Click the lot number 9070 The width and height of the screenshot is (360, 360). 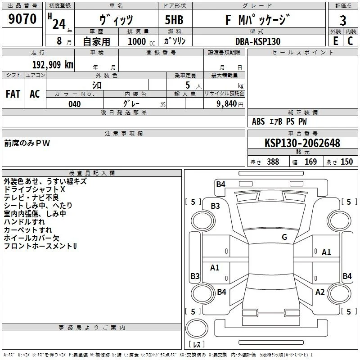click(x=22, y=18)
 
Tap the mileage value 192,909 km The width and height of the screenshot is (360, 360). click(x=53, y=65)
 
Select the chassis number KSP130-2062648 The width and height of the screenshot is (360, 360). click(x=302, y=143)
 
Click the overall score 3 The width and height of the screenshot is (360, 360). click(x=343, y=20)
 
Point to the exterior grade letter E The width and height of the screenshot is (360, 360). click(x=335, y=41)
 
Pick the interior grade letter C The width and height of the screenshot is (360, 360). click(x=350, y=41)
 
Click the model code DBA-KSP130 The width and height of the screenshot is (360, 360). click(x=258, y=41)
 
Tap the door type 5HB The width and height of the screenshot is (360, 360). click(x=174, y=20)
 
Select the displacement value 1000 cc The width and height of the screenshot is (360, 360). click(x=141, y=41)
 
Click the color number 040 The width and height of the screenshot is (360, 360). click(x=74, y=104)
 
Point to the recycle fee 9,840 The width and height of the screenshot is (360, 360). click(x=227, y=104)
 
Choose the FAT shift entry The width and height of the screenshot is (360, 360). click(x=13, y=94)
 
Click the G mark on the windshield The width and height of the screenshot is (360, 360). click(x=284, y=237)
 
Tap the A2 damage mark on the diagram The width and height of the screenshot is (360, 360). click(x=320, y=292)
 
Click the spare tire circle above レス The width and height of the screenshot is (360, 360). click(x=197, y=328)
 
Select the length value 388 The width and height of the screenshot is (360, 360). click(x=273, y=162)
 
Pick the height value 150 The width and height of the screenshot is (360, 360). click(x=346, y=162)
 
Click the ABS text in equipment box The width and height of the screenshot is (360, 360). click(x=258, y=121)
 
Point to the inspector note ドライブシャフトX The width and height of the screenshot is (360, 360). click(x=35, y=189)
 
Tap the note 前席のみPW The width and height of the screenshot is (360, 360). click(x=27, y=143)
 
